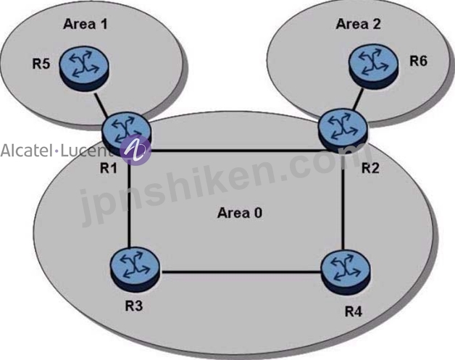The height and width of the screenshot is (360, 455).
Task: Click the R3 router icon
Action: coord(135,269)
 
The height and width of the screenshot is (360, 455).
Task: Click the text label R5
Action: coord(41,64)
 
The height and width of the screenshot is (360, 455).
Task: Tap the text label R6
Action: coord(419,62)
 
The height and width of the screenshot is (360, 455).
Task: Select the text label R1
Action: coord(109,167)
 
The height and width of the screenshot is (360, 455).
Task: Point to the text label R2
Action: coord(370,168)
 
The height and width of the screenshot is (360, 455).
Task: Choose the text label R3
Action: coord(134,306)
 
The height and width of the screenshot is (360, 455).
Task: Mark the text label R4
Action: coord(354,311)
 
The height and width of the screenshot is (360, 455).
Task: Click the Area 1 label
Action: coord(85,24)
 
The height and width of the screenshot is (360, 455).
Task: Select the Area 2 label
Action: coord(358,23)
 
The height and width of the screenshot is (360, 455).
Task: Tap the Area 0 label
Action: coord(240,213)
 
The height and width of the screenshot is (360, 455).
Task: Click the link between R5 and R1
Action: coord(101,104)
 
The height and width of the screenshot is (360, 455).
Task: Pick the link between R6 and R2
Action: coord(358,99)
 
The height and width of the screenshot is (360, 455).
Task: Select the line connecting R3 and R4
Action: coord(241,272)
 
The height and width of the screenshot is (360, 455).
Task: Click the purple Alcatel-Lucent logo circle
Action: coord(135,150)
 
